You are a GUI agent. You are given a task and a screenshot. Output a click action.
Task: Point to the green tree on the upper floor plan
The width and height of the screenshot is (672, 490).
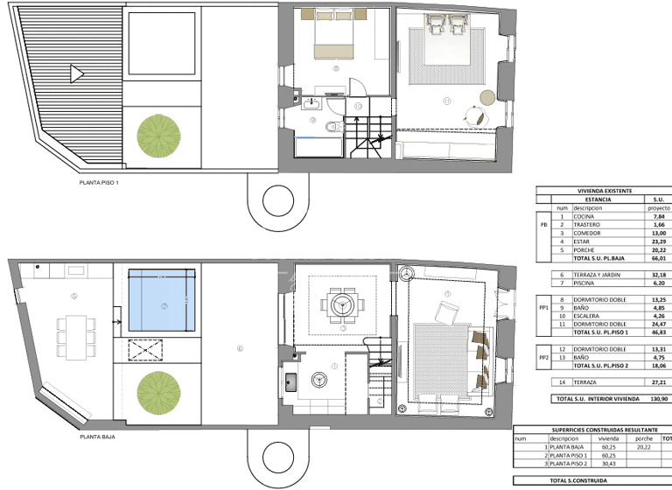click(158, 136)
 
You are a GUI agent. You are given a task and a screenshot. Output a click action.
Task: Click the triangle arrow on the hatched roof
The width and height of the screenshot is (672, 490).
click(77, 74)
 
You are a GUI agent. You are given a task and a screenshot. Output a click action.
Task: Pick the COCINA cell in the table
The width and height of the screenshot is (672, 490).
click(584, 216)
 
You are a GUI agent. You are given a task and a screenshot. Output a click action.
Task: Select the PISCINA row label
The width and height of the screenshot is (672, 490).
click(584, 283)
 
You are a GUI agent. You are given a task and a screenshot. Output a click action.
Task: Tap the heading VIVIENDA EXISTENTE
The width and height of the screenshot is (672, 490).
click(604, 191)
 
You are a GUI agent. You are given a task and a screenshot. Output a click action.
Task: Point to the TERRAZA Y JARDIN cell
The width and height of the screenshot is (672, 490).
click(595, 275)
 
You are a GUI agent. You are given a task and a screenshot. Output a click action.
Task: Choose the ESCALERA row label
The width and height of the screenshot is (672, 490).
click(587, 316)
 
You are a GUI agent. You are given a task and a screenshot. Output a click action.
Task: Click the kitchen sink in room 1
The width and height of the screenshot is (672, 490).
click(292, 381)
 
